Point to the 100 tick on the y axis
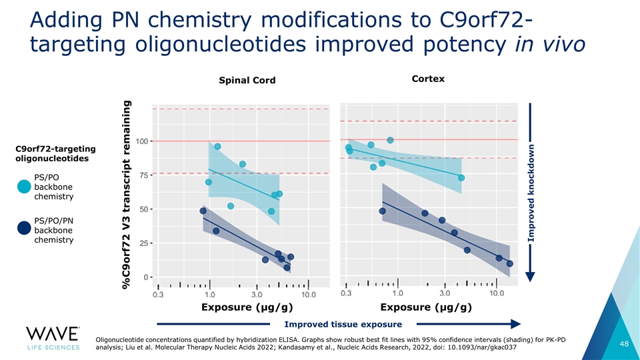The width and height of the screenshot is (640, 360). click(x=142, y=141)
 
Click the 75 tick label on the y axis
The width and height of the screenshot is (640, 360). click(x=143, y=175)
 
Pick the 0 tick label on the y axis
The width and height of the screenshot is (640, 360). click(x=146, y=277)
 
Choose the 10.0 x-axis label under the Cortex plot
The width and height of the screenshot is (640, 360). click(x=497, y=293)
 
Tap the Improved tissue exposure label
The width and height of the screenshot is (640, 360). click(x=343, y=325)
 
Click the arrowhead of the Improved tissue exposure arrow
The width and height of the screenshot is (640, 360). click(x=514, y=325)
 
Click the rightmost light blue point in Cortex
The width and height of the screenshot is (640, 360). click(x=461, y=178)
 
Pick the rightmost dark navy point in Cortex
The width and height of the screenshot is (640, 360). click(x=509, y=263)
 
